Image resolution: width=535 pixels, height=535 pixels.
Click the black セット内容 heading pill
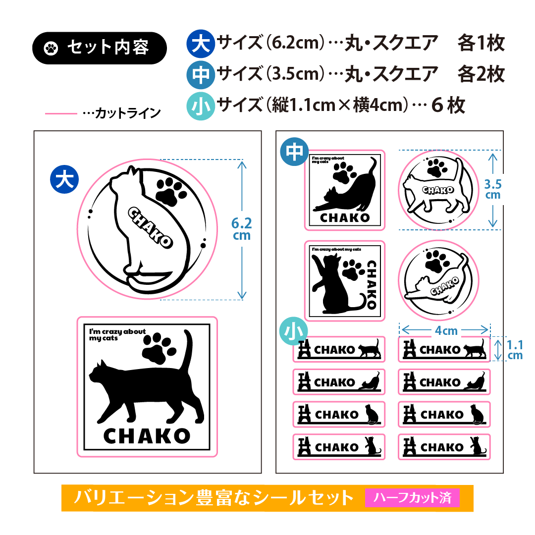click(x=99, y=48)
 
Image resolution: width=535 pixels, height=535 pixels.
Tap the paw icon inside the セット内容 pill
click(x=51, y=48)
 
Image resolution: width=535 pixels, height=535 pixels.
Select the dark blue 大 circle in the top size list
click(x=201, y=43)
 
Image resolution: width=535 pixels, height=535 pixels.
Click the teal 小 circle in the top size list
click(x=201, y=106)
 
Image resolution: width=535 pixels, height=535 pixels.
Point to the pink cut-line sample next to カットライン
click(x=61, y=113)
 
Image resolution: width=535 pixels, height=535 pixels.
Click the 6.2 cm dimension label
click(x=242, y=229)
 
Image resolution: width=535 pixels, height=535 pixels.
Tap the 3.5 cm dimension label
click(x=493, y=189)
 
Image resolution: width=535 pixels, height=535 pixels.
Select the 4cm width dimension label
click(x=446, y=330)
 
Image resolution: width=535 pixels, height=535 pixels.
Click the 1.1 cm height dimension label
click(x=515, y=350)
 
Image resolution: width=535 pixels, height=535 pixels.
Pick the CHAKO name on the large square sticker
click(x=147, y=436)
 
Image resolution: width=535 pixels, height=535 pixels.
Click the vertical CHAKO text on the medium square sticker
click(x=372, y=284)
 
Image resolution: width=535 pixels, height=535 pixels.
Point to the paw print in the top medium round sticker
click(x=437, y=167)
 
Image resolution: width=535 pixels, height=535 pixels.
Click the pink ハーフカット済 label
click(x=412, y=497)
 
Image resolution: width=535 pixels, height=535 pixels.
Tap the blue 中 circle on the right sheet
click(x=294, y=152)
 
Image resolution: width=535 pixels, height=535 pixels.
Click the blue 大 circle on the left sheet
click(x=64, y=179)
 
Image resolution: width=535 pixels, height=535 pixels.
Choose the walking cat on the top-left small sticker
click(x=369, y=348)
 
